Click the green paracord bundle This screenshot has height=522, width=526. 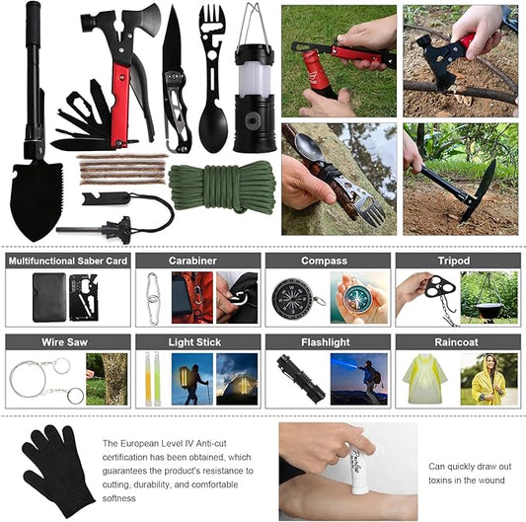(x=222, y=186)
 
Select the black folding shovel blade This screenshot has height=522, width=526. (x=37, y=200)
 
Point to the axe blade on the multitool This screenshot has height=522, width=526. (x=147, y=20)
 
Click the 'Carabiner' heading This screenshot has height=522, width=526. (x=192, y=261)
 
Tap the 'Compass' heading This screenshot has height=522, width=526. (x=324, y=261)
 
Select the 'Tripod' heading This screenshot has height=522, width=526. (x=454, y=261)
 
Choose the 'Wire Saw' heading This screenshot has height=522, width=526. (x=64, y=342)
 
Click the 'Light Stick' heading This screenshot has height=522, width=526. (x=194, y=342)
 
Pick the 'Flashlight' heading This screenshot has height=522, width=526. (x=326, y=342)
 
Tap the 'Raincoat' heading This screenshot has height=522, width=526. (x=456, y=342)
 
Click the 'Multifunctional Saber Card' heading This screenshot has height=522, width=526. (x=68, y=261)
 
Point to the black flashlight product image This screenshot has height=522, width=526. (x=301, y=379)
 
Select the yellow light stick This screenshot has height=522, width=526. (x=148, y=379)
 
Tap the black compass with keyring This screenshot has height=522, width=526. (x=294, y=299)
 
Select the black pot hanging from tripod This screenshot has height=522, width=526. (x=489, y=310)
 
